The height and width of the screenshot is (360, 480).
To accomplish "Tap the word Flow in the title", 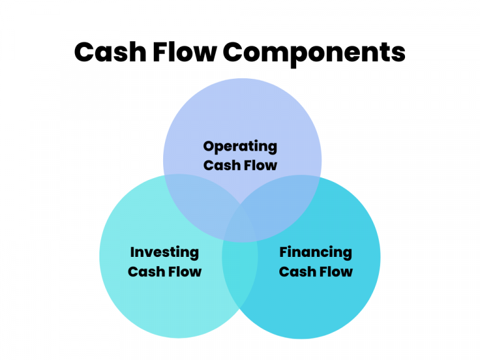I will point(186,52).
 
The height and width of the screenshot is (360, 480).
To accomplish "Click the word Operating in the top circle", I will point(240,147).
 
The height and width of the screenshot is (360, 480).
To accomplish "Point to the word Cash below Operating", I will point(218,166).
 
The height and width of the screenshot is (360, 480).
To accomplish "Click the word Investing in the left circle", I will point(164,253).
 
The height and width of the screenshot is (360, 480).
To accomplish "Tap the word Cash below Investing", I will point(142,272).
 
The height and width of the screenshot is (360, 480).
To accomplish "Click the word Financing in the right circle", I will point(316,253).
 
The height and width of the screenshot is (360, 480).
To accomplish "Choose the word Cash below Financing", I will point(294,272).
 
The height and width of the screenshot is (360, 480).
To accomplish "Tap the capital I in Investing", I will point(132,252).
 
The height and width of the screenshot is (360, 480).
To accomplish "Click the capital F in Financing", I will point(283,252).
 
